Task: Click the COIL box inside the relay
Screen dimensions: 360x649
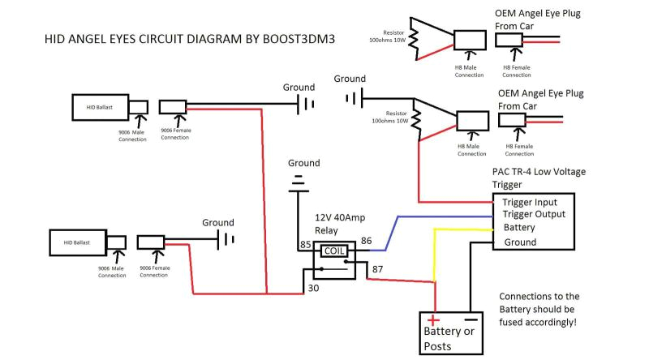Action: point(334,251)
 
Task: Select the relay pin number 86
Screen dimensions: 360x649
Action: point(366,240)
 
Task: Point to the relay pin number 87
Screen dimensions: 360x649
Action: point(377,269)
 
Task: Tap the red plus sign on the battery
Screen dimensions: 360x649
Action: point(433,322)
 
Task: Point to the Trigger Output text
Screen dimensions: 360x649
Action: point(534,215)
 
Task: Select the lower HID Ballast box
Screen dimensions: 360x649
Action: point(77,242)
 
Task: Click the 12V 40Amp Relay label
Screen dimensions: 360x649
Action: point(342,224)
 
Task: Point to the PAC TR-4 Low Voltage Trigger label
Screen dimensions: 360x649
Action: point(538,178)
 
